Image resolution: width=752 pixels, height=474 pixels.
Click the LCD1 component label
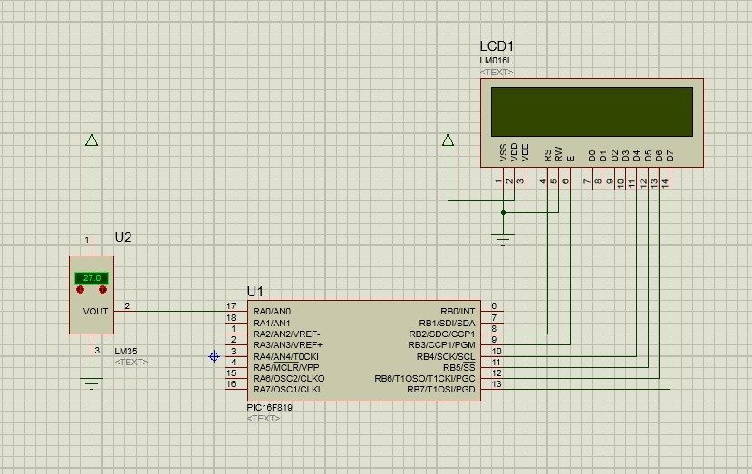coord(497,46)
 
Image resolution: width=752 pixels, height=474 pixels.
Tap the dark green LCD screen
coord(592,111)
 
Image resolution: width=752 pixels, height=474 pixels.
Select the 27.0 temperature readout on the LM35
coord(92,277)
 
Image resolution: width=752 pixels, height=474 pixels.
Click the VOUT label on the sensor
coord(95,312)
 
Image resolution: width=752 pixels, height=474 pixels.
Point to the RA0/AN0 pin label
coord(272,312)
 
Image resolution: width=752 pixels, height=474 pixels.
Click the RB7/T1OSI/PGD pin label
coord(441,390)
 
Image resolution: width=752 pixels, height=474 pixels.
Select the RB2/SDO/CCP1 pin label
coord(442,334)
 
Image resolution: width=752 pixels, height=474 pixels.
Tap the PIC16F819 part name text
coord(269,407)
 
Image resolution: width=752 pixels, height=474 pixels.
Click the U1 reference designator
coord(255,291)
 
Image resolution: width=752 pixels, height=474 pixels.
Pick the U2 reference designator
coord(123,237)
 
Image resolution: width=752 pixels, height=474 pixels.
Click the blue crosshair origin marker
coord(215,356)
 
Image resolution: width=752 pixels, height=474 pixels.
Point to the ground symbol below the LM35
coord(92,383)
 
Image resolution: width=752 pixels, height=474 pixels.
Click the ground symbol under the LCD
coord(503,239)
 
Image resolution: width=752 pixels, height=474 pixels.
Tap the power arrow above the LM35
coord(92,140)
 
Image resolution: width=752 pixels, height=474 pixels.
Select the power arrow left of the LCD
coord(448,140)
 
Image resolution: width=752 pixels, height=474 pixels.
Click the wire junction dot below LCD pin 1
coord(503,212)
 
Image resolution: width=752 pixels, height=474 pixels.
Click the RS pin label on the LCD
coord(547,156)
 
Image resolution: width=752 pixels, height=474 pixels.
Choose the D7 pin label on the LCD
coord(670,156)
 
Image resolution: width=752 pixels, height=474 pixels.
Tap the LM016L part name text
coord(496,61)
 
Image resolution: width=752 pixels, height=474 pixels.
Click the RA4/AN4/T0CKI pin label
coord(285,356)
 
